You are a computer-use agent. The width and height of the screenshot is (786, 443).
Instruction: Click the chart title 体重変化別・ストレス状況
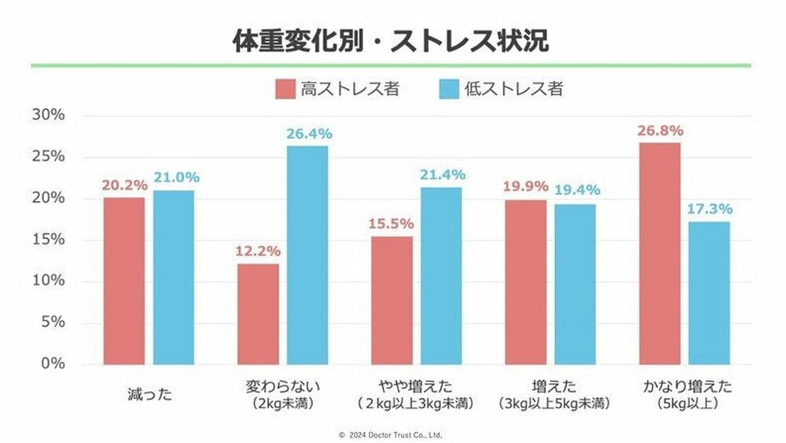(x=391, y=41)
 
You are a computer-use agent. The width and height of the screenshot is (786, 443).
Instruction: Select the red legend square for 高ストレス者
(x=285, y=90)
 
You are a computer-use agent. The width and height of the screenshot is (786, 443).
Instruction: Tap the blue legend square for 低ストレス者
(x=449, y=90)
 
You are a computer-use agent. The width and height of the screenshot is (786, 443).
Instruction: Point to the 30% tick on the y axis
(x=49, y=115)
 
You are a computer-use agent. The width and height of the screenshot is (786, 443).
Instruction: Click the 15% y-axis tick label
(x=49, y=239)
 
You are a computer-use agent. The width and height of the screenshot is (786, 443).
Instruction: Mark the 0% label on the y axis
(x=53, y=364)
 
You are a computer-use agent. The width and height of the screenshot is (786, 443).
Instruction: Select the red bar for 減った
(x=124, y=280)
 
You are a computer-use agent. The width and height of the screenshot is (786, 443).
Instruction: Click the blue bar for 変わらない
(x=307, y=255)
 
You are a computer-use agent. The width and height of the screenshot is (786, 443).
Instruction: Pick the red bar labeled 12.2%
(x=258, y=314)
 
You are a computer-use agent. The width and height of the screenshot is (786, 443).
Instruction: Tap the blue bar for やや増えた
(x=441, y=276)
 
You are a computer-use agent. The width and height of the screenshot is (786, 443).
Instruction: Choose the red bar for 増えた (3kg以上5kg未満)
(x=526, y=282)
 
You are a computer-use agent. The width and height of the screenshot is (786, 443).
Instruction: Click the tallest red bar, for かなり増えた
(x=659, y=254)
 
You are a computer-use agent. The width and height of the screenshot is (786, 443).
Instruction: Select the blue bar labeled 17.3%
(x=709, y=293)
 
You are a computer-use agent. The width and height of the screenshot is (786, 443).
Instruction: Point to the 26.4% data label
(x=309, y=134)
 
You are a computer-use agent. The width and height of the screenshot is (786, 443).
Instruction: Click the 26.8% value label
(x=660, y=131)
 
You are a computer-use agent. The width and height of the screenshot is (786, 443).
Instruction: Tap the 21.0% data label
(x=176, y=178)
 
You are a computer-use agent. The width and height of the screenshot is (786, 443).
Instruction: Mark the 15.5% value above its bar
(x=391, y=224)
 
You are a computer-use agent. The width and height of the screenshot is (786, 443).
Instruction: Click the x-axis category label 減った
(x=149, y=394)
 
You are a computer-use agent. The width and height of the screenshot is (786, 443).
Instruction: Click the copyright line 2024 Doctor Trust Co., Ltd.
(x=391, y=435)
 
